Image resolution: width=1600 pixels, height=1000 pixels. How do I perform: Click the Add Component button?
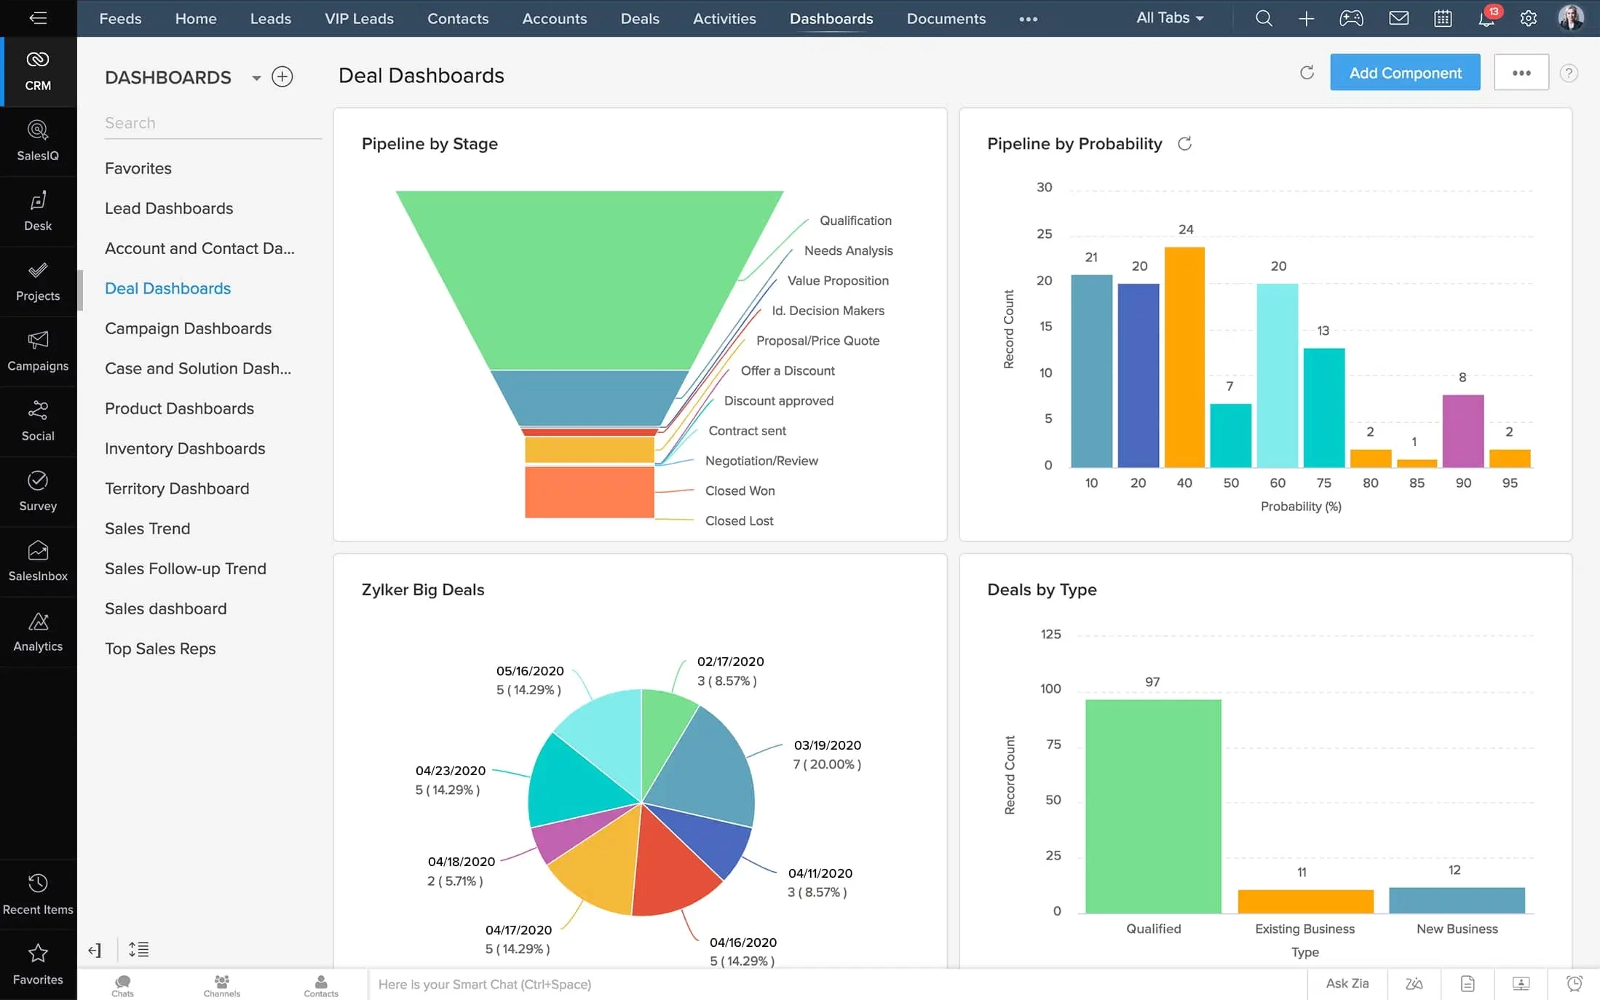[x=1404, y=73]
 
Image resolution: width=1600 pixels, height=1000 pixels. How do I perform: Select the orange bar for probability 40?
[x=1184, y=357]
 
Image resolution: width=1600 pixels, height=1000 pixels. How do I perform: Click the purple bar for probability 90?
[x=1462, y=431]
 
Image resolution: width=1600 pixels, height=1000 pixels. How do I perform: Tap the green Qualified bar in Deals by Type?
[x=1153, y=806]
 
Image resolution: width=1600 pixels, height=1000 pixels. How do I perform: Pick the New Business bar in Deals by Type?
[x=1456, y=900]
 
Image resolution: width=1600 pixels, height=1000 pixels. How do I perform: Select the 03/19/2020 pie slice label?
[x=827, y=755]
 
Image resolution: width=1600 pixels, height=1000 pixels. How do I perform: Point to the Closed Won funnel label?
[x=740, y=491]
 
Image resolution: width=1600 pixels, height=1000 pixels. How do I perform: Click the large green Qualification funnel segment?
[x=590, y=277]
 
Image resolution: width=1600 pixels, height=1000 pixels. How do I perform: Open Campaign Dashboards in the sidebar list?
[x=188, y=328]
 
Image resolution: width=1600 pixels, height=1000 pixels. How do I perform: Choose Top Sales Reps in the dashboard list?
[x=160, y=648]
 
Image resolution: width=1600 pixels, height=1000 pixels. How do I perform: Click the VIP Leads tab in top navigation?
[x=359, y=19]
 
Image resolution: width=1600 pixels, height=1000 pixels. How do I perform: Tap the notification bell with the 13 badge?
[x=1486, y=19]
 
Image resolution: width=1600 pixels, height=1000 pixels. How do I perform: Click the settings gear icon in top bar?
[x=1528, y=19]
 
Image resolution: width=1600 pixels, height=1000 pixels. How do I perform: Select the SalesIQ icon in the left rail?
[x=38, y=140]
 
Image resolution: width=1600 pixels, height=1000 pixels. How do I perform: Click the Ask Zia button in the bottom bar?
[x=1347, y=983]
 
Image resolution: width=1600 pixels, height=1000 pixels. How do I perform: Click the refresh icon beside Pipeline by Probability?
[x=1184, y=144]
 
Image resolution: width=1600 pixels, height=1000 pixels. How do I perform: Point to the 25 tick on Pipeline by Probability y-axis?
[x=1044, y=234]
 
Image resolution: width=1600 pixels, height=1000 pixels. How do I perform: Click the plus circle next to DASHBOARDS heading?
[x=282, y=77]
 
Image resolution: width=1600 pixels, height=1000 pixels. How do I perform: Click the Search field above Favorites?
[x=211, y=123]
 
